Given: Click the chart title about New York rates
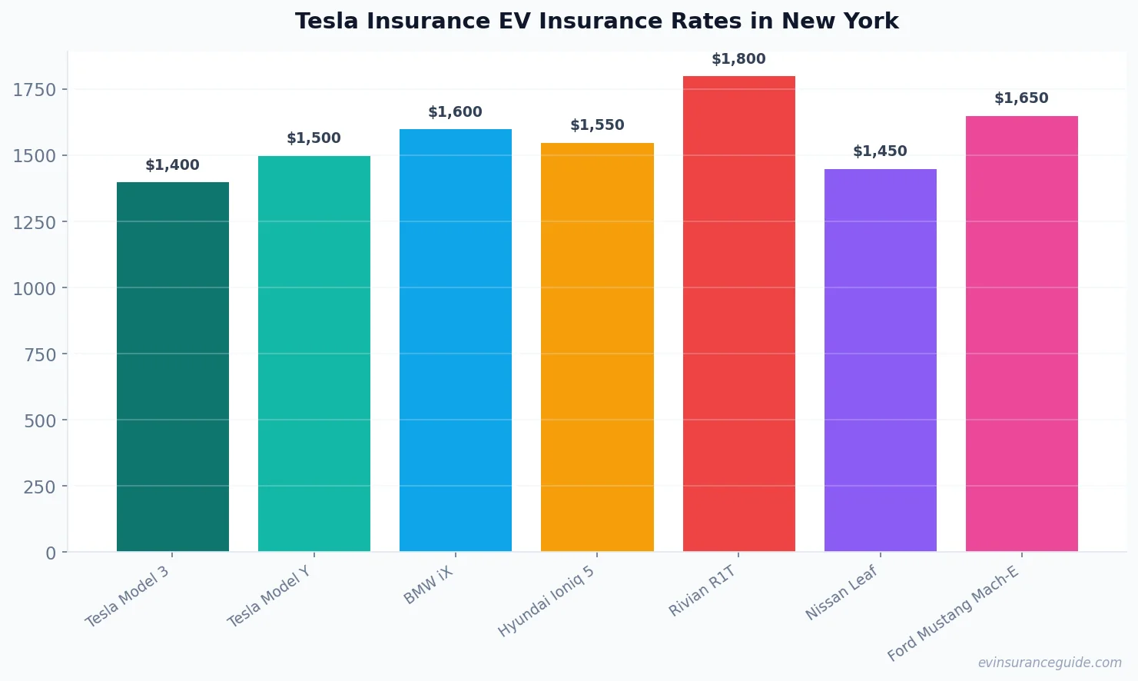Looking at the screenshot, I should click(596, 22).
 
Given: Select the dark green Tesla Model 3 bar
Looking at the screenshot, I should click(173, 367).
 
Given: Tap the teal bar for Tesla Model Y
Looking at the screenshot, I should click(314, 354).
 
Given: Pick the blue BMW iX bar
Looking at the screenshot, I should click(456, 340).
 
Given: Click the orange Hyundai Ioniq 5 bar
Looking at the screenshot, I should click(597, 347).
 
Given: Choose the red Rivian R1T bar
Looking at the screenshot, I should click(738, 314).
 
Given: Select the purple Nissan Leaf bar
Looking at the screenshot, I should click(880, 360).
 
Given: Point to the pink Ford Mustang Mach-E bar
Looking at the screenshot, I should click(1021, 334).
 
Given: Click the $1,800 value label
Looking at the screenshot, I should click(738, 59).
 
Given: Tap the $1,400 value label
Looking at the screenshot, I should click(173, 165).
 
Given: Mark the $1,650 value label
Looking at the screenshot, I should click(1021, 98).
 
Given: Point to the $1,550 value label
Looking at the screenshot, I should click(597, 125).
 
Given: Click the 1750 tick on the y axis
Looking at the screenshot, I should click(35, 90).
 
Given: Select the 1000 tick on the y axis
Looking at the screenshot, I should click(35, 288).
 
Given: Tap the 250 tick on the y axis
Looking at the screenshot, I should click(39, 487).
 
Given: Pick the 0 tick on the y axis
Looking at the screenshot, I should click(51, 553).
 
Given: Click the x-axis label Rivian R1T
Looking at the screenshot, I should click(702, 591).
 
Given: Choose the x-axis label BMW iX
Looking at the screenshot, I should click(429, 586).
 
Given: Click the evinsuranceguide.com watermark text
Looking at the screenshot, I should click(1050, 663).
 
